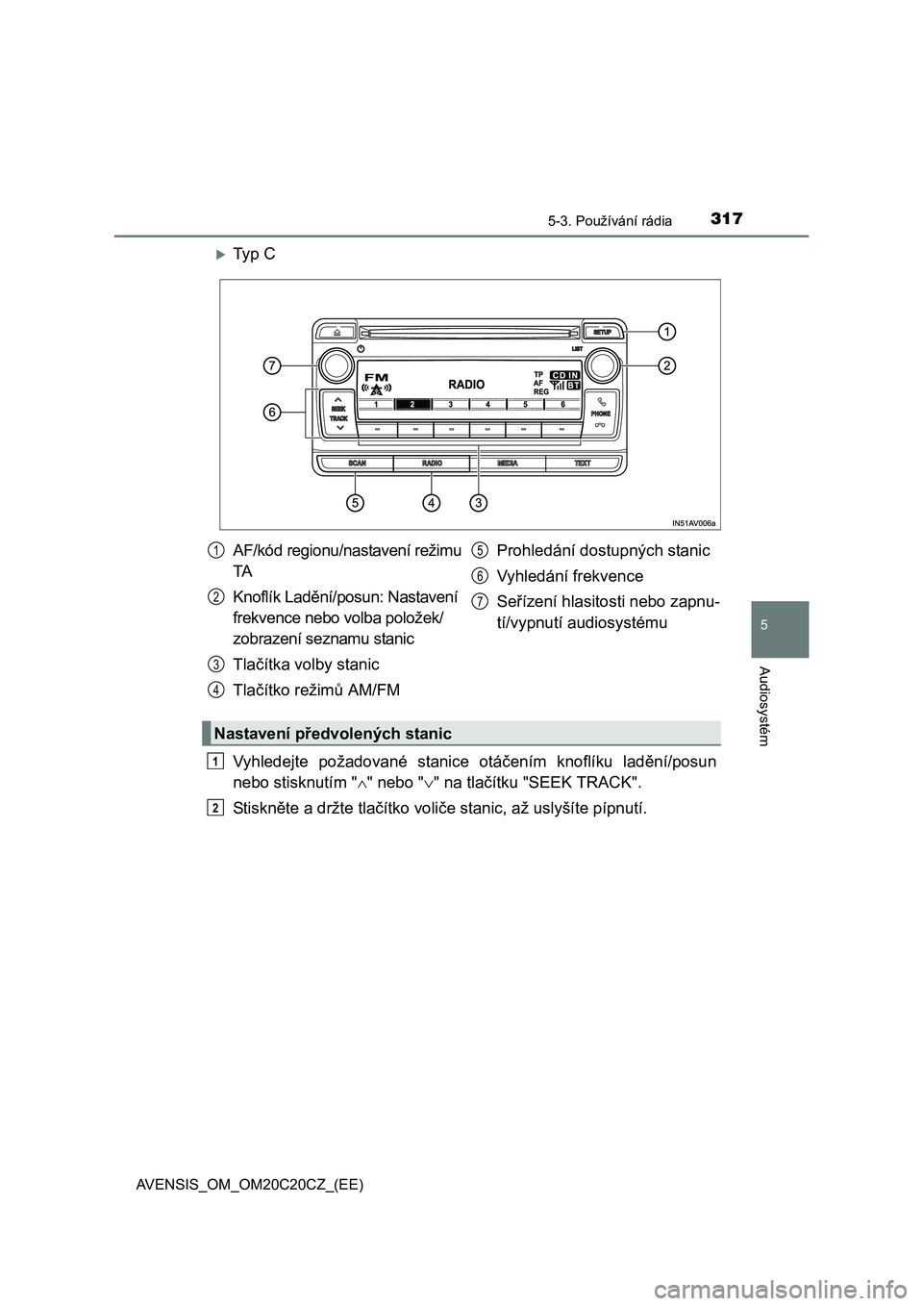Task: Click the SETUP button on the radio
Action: click(602, 331)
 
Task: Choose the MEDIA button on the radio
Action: click(508, 464)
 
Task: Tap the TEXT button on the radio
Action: click(583, 464)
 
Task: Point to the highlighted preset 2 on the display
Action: click(412, 405)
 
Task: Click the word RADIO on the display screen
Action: click(466, 384)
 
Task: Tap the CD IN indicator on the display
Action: click(566, 375)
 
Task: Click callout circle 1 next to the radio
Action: click(666, 331)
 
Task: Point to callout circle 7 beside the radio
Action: click(274, 365)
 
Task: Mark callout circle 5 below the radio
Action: click(356, 502)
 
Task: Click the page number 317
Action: click(728, 218)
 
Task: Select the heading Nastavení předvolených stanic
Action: click(334, 734)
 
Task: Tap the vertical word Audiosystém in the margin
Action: click(765, 707)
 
